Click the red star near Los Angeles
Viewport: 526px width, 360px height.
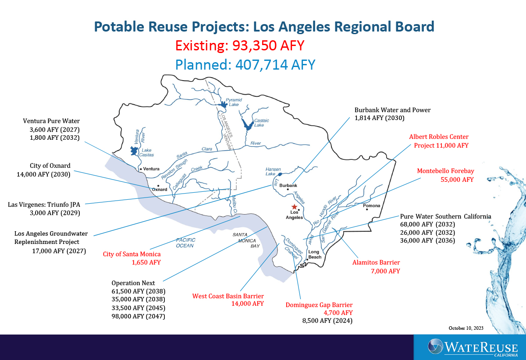point(294,207)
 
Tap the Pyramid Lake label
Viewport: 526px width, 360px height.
point(234,102)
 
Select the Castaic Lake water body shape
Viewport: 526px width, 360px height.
point(247,124)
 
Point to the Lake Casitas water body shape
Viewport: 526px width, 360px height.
point(134,151)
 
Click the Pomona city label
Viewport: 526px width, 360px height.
point(372,205)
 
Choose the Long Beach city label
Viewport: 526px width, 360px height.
point(314,254)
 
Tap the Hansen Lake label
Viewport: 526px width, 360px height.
point(273,172)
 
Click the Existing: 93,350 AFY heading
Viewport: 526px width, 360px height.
point(240,46)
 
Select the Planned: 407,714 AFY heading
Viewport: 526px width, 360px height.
point(245,64)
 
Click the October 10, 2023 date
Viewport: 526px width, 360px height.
point(466,328)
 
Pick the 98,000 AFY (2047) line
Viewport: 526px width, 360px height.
point(139,316)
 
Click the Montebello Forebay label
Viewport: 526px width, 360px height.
point(445,171)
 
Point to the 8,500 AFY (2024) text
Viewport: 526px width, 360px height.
point(327,321)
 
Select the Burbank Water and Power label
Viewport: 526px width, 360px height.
point(392,110)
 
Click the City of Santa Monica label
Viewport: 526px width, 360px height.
point(132,254)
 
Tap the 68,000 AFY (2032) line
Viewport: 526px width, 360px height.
point(428,224)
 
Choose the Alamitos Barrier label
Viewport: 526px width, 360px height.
point(376,262)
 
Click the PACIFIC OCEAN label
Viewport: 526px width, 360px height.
point(185,243)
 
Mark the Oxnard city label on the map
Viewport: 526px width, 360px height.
point(160,189)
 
